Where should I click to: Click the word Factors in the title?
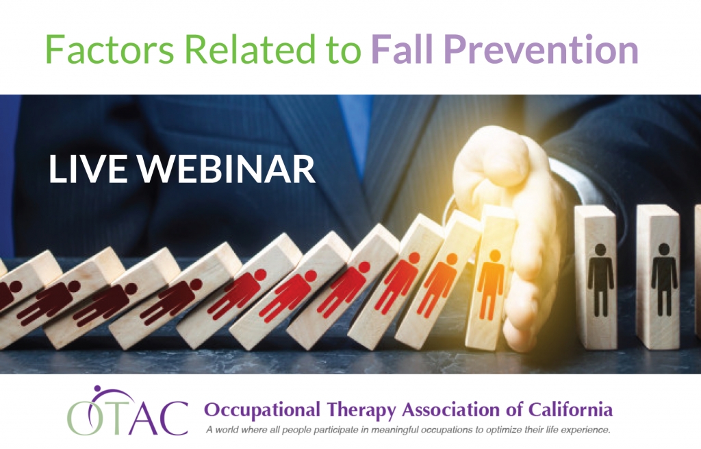[x=110, y=49]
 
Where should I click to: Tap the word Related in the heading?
[x=251, y=49]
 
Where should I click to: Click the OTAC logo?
[x=127, y=411]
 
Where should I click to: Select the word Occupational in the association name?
[x=262, y=410]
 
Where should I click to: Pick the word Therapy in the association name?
[x=361, y=410]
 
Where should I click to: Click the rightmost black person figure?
[x=664, y=279]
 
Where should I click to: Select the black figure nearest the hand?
[x=600, y=280]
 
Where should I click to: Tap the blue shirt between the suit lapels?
[x=353, y=130]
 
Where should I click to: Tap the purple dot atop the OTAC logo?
[x=97, y=389]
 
